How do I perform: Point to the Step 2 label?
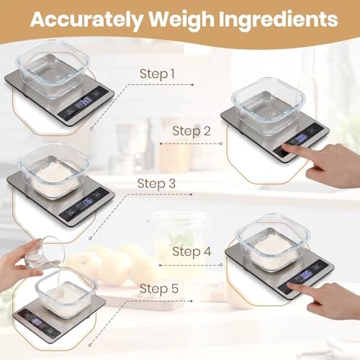(x=192, y=130)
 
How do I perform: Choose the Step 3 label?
(x=156, y=184)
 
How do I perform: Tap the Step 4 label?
(x=192, y=252)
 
